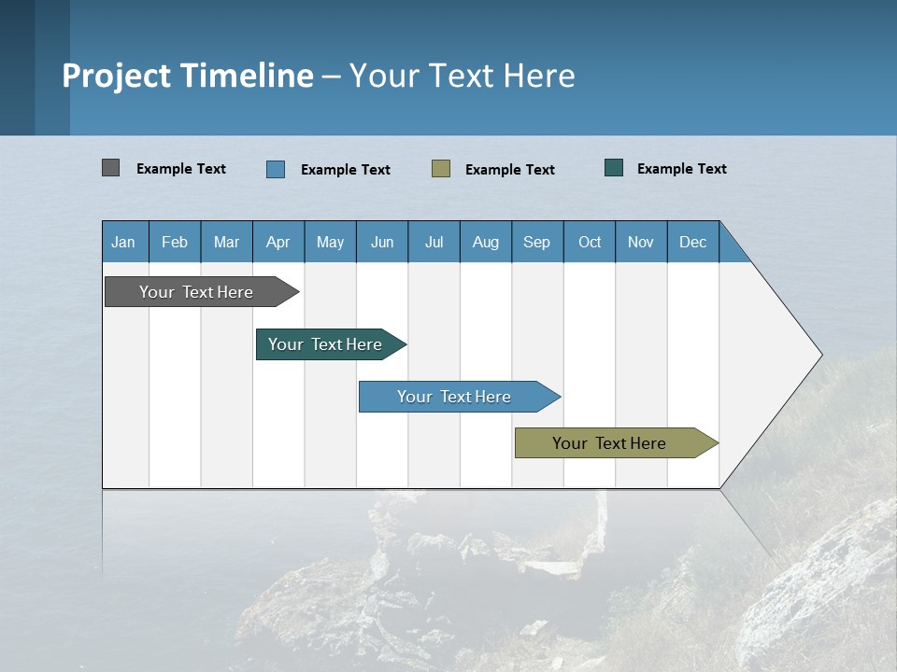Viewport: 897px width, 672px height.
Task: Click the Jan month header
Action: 124,242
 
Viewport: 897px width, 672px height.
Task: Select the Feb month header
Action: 175,242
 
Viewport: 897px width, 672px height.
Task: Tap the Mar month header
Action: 226,242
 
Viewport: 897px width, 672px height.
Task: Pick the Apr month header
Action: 278,242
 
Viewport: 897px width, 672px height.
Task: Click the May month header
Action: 330,242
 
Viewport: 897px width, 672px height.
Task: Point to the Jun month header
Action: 382,242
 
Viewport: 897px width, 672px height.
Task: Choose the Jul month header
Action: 434,242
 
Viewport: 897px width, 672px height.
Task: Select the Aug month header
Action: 486,242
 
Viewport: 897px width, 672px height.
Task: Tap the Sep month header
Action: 537,242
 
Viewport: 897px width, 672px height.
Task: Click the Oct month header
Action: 590,242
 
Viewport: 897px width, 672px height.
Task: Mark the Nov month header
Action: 641,242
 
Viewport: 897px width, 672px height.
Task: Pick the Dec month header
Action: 693,242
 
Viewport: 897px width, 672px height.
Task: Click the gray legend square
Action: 111,168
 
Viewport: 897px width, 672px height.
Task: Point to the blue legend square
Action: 276,169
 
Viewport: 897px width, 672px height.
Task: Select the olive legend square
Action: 441,168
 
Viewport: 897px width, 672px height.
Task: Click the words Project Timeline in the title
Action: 188,76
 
